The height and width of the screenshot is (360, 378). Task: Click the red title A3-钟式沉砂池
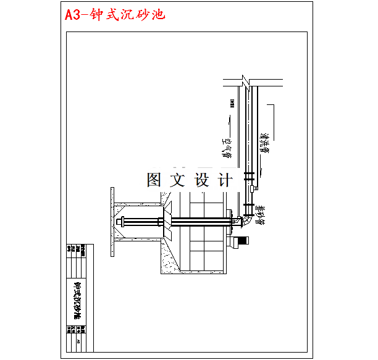pyautogui.click(x=115, y=14)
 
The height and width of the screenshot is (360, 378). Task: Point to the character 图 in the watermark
pyautogui.click(x=155, y=180)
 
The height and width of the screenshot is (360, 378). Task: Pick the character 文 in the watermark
pyautogui.click(x=178, y=180)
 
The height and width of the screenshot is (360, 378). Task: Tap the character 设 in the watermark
pyautogui.click(x=202, y=180)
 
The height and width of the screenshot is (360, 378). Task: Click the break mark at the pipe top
pyautogui.click(x=246, y=80)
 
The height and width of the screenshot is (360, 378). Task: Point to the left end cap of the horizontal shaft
pyautogui.click(x=119, y=222)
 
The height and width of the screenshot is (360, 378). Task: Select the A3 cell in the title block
pyautogui.click(x=78, y=340)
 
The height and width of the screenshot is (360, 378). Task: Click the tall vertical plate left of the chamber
pyautogui.click(x=112, y=222)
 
